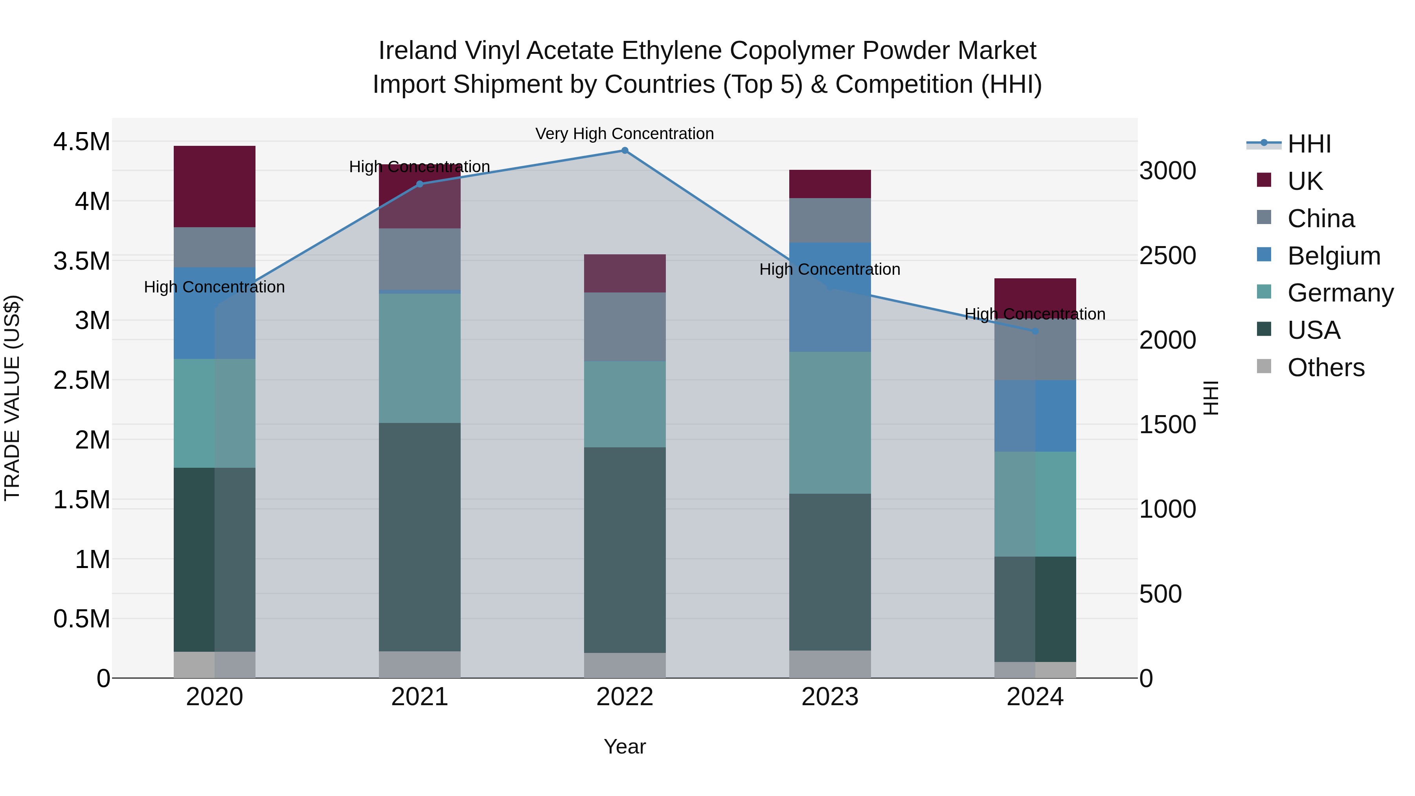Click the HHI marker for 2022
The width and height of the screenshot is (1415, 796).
tap(625, 151)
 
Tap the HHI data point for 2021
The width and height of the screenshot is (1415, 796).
tap(420, 184)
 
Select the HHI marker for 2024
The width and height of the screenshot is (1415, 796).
tap(1035, 331)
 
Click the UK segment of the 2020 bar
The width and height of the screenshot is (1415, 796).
tap(214, 187)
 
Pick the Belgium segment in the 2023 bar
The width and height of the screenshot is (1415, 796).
tap(830, 297)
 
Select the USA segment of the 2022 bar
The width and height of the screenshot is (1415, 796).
tap(625, 550)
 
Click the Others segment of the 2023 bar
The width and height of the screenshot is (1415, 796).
tap(830, 664)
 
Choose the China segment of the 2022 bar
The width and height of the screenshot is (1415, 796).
tap(625, 327)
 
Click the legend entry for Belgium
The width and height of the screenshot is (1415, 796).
tap(1333, 256)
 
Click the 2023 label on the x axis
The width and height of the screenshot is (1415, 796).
tap(830, 697)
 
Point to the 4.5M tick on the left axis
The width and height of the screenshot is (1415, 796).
tap(81, 142)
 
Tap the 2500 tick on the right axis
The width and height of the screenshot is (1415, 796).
tap(1167, 256)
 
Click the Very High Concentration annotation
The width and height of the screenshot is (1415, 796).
tap(625, 134)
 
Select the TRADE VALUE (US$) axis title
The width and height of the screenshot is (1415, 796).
tap(12, 398)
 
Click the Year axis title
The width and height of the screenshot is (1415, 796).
tap(625, 746)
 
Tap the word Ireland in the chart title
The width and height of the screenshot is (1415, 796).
tap(417, 51)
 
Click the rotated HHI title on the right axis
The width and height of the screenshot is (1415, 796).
tap(1210, 398)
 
